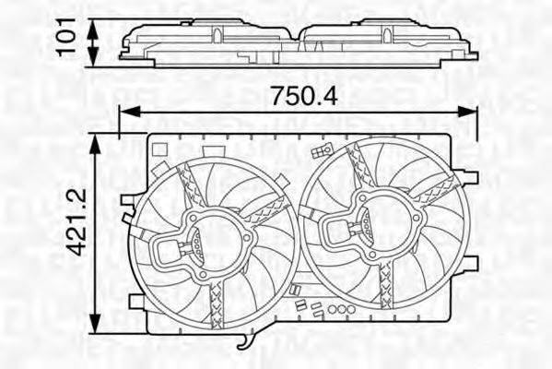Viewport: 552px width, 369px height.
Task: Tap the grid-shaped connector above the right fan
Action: [x=320, y=149]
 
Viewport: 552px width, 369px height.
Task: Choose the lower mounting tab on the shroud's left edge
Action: [x=138, y=301]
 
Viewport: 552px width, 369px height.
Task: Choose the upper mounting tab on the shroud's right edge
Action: [x=471, y=174]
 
